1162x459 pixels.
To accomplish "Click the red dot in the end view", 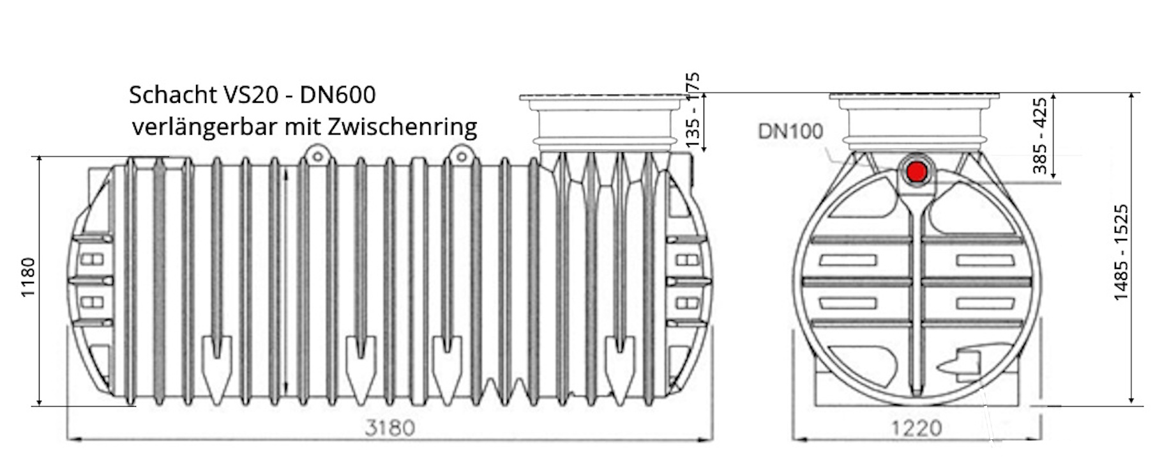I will (917, 171).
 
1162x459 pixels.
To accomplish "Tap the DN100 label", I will (790, 131).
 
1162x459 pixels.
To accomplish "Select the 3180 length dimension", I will (389, 427).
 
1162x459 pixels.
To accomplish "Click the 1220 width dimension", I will (916, 428).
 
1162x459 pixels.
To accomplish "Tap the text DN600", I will (338, 95).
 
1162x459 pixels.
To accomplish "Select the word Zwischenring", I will (402, 127).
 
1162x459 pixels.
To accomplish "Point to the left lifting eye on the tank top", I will (315, 154).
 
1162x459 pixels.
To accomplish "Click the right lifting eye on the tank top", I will (460, 154).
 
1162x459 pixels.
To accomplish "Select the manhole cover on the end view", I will (914, 98).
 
